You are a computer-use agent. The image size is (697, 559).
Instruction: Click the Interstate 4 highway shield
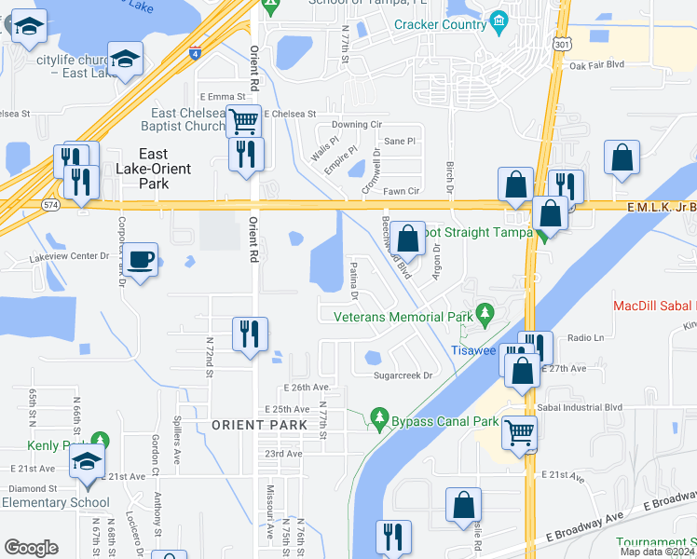195,54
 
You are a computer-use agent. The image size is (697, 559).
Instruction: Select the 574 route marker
52,203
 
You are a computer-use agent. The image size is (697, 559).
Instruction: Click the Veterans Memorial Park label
404,317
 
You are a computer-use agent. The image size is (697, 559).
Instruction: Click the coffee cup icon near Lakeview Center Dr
141,259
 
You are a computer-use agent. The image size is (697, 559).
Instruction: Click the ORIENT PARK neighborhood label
259,425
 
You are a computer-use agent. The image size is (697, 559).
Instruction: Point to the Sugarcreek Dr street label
403,375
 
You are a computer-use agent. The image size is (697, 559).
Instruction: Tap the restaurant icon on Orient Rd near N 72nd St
249,334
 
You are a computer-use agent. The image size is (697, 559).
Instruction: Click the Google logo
31,548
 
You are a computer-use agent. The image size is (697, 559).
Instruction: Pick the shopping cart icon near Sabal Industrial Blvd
519,430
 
